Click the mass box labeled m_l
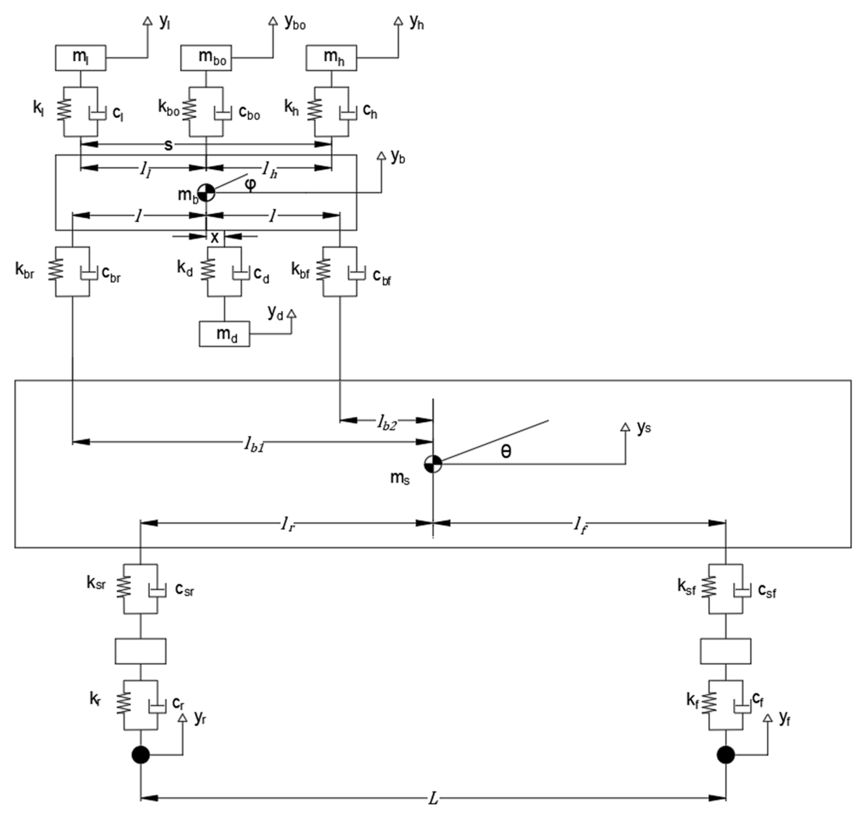click(x=80, y=58)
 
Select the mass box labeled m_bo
click(x=206, y=58)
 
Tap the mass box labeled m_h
click(x=331, y=58)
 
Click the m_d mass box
click(x=224, y=334)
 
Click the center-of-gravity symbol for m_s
click(x=433, y=464)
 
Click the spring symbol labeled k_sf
click(x=708, y=588)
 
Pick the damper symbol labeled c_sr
click(x=157, y=590)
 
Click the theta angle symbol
click(x=506, y=451)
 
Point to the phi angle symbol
click(x=250, y=184)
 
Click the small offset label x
click(x=215, y=238)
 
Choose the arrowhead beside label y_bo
click(x=273, y=21)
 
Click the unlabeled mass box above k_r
click(x=141, y=651)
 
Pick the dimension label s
click(x=168, y=145)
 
